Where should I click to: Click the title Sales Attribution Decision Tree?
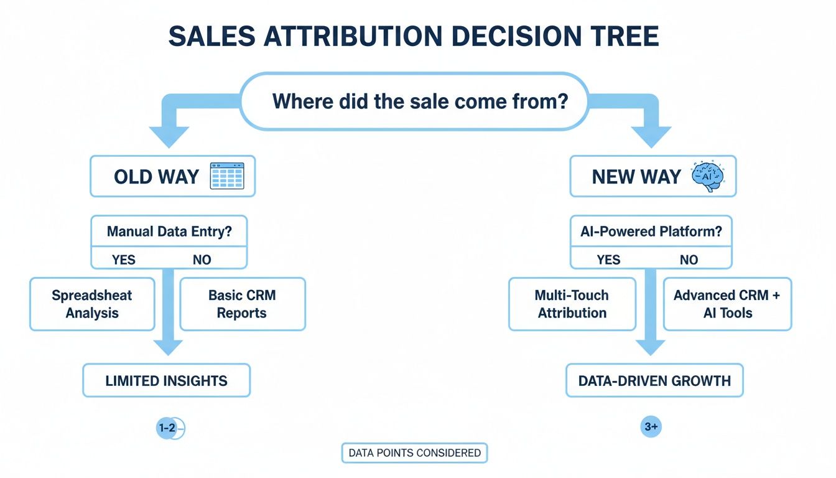tap(414, 37)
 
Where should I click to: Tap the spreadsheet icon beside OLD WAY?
tap(228, 176)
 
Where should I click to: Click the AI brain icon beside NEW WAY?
tap(706, 176)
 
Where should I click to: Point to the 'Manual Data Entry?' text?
tap(169, 232)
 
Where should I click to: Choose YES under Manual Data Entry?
tap(124, 260)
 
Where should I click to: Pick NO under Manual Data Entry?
tap(202, 260)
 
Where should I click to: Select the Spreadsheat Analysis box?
tap(92, 304)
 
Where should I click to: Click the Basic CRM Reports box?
tap(242, 304)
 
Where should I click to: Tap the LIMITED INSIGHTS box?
tap(166, 380)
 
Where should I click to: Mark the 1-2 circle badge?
tap(167, 428)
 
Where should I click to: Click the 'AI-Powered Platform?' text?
tap(651, 232)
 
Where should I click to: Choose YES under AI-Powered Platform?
tap(608, 260)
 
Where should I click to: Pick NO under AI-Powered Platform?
tap(689, 260)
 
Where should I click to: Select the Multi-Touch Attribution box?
tap(572, 304)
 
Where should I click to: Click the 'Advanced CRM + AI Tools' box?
tap(727, 304)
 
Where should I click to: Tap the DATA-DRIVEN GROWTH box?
tap(654, 380)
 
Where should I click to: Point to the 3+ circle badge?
tap(651, 427)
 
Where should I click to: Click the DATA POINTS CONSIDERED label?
tap(414, 453)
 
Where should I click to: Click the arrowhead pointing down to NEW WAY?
tap(651, 136)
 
